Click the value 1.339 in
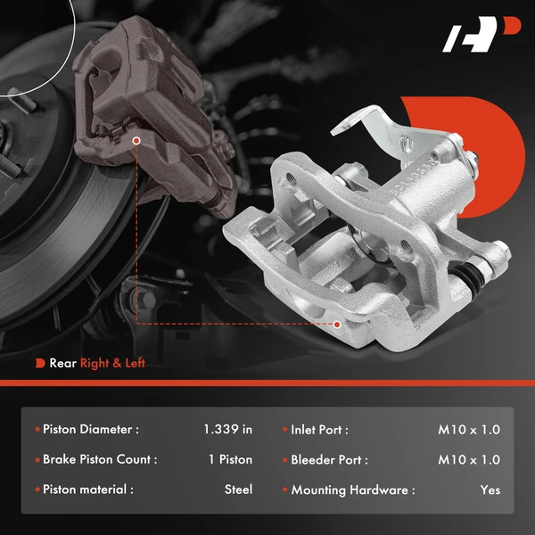(x=227, y=429)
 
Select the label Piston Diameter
(x=91, y=429)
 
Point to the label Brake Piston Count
(x=100, y=459)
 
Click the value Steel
(x=238, y=490)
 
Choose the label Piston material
(x=88, y=490)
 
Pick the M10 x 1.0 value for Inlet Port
(x=469, y=429)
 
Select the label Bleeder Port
(x=329, y=459)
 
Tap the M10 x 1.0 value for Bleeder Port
(x=469, y=459)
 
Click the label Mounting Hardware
(x=352, y=490)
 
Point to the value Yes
(x=490, y=490)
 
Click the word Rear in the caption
(x=62, y=363)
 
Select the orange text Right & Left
(x=112, y=363)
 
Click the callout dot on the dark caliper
(x=136, y=140)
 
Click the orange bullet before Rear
(x=40, y=363)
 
